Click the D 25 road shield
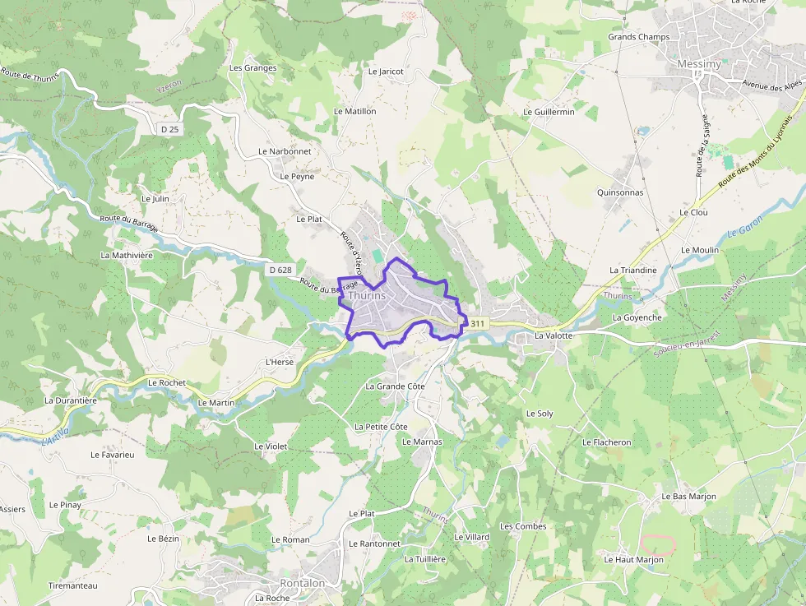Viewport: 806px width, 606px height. point(170,129)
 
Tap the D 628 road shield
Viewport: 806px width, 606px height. point(280,270)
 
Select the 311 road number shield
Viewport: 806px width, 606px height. point(479,324)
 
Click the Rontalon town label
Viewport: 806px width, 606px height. point(302,583)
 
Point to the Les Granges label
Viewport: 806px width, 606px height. point(252,68)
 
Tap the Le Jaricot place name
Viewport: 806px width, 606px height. point(386,72)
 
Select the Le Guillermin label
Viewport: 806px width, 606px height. point(549,112)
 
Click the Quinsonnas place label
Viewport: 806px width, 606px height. point(620,192)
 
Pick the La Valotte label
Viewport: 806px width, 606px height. point(553,336)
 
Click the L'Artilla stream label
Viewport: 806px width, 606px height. point(55,436)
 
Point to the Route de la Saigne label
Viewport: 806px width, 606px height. point(702,146)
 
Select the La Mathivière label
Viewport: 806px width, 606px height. point(127,255)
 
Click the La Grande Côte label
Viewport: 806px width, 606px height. point(395,386)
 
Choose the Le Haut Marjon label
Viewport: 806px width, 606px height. point(633,560)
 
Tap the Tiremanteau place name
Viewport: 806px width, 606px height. point(72,585)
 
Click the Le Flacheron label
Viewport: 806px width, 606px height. point(606,442)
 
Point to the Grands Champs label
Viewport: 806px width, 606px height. point(638,37)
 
